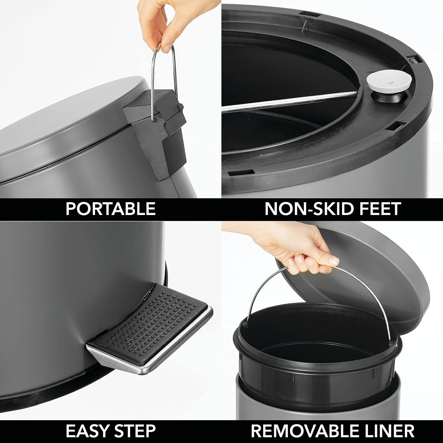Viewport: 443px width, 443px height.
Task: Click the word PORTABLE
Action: pos(110,209)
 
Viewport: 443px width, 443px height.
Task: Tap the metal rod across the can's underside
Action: pos(289,102)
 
